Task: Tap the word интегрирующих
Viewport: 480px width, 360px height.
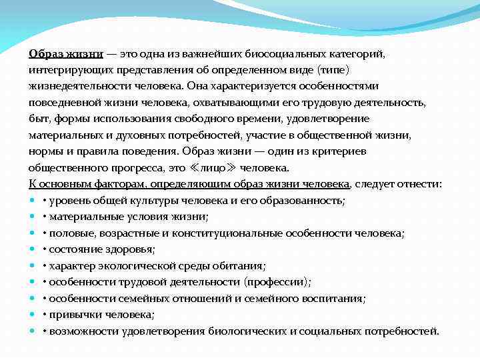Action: [65, 69]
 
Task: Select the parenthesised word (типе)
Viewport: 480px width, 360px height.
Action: [333, 69]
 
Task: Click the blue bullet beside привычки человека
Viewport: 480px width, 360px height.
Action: [33, 315]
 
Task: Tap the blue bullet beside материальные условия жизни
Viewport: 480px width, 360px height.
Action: [33, 217]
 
